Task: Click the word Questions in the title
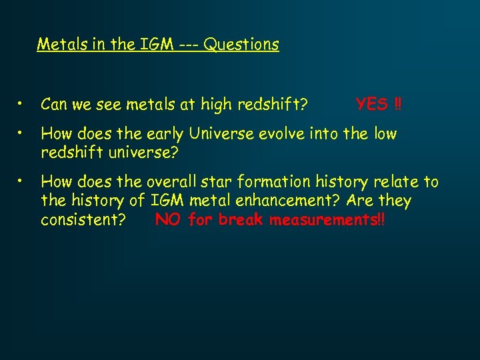click(241, 45)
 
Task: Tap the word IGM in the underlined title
click(154, 45)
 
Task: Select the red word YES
click(371, 104)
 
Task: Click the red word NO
click(168, 220)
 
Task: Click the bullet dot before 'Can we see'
click(22, 104)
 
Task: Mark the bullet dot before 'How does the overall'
click(22, 181)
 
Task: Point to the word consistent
click(83, 221)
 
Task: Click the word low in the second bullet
click(385, 134)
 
